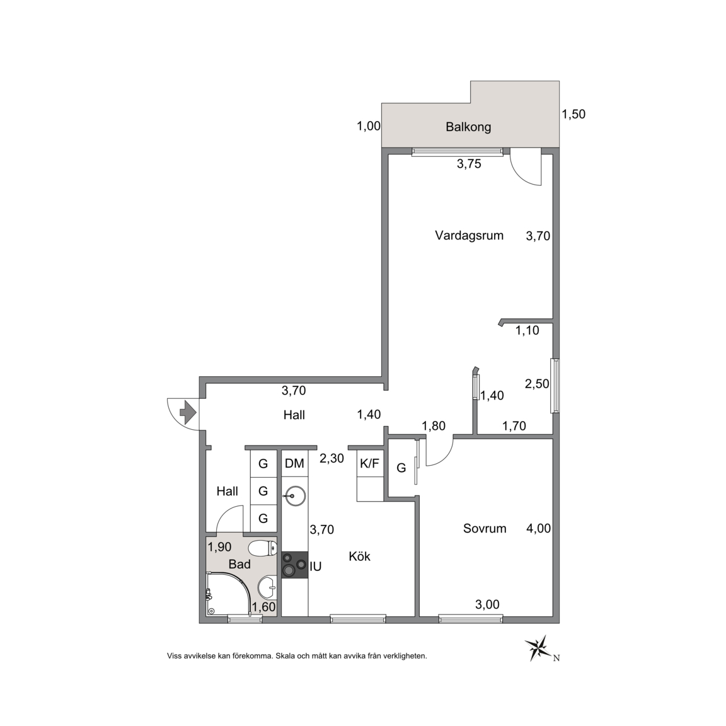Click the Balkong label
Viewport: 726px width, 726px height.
(468, 127)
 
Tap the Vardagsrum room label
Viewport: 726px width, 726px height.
(469, 235)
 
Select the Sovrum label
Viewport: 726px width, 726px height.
(485, 528)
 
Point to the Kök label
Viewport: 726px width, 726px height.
(360, 556)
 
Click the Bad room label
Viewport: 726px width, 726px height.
(239, 564)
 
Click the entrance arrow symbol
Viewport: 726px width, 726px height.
(188, 413)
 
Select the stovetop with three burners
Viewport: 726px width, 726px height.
(294, 565)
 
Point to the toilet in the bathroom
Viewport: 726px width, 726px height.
(262, 549)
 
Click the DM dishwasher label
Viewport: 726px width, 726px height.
(294, 463)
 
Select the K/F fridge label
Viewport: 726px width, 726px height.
(369, 463)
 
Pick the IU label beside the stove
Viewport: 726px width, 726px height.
(315, 567)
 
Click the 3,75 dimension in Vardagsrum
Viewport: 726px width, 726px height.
(469, 164)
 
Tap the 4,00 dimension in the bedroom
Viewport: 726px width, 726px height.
(538, 528)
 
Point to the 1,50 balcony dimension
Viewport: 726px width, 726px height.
(573, 114)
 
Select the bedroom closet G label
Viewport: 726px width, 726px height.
(401, 468)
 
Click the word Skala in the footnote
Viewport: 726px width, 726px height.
(287, 655)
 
